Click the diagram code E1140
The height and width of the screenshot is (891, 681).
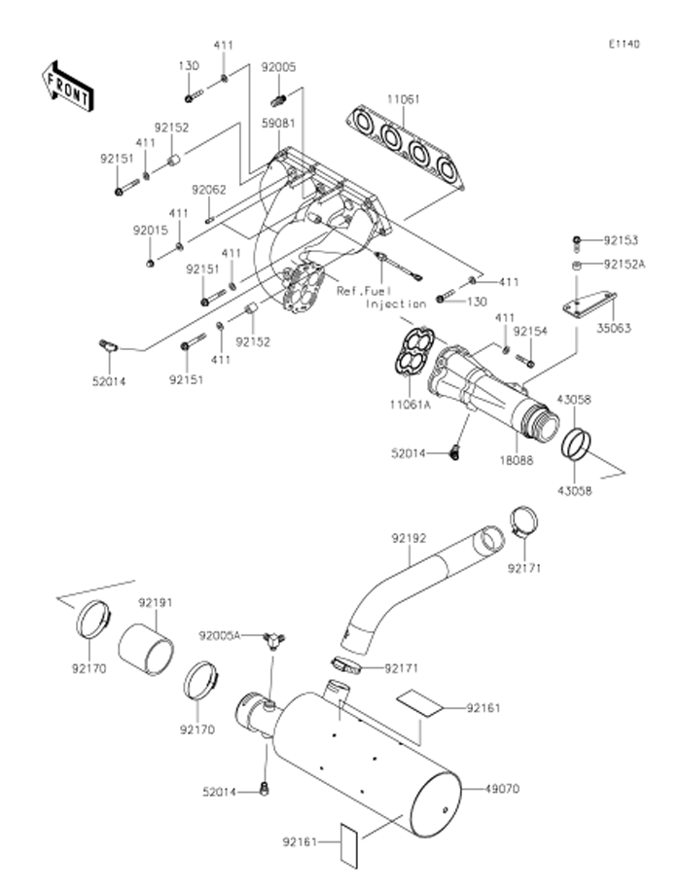(x=625, y=45)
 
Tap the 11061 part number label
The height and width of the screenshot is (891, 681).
(x=405, y=98)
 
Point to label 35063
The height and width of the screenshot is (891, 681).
(x=615, y=329)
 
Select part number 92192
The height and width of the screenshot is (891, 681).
(x=410, y=536)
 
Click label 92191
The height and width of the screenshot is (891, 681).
(x=154, y=602)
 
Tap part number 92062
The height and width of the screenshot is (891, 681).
(x=208, y=190)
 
